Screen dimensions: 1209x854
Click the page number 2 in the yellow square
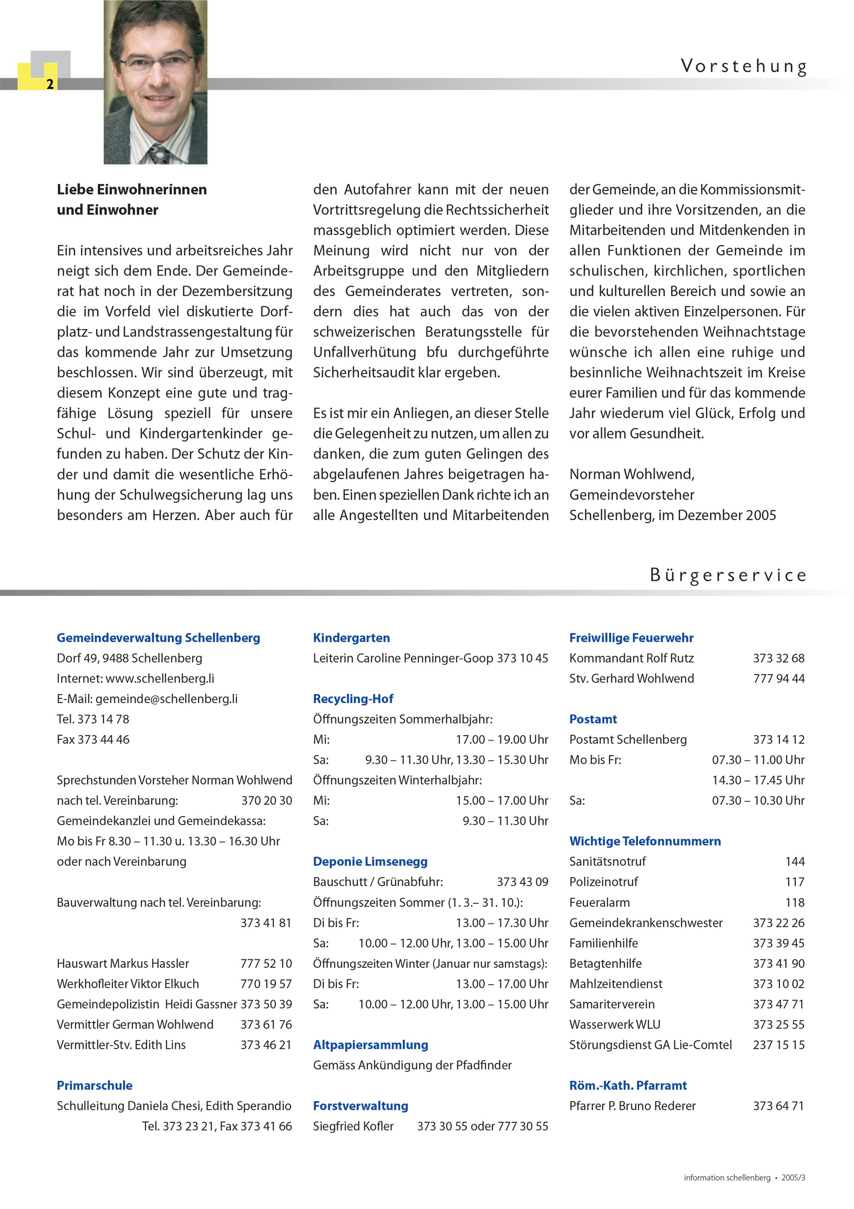point(49,84)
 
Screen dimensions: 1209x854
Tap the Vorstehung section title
point(743,67)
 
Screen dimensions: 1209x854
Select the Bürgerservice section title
point(728,575)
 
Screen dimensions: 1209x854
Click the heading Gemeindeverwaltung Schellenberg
point(158,638)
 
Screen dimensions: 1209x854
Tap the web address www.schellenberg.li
point(160,678)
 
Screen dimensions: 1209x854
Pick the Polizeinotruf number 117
point(794,882)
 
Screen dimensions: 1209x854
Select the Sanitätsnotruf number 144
point(794,861)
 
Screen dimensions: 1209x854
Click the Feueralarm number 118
point(794,902)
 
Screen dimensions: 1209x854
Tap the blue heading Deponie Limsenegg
point(370,861)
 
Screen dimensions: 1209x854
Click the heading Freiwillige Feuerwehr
point(631,638)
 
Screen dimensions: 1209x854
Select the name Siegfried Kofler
point(353,1126)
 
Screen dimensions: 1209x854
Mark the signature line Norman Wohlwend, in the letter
point(632,474)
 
